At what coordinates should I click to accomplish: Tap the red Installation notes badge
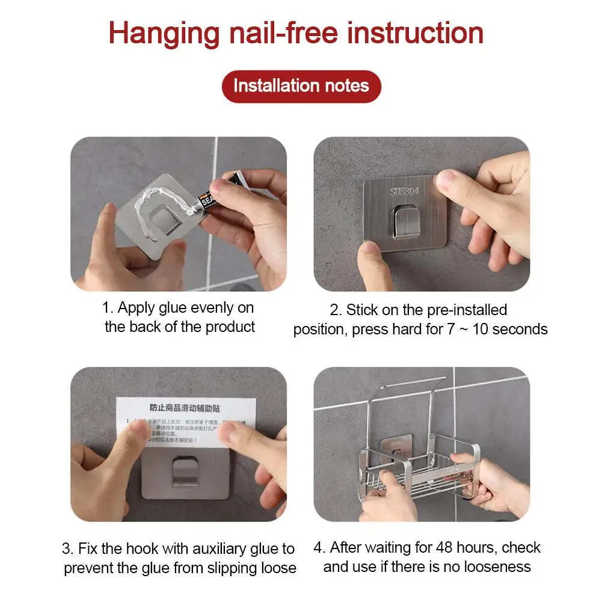click(301, 86)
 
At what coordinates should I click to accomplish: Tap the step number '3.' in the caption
click(68, 549)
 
